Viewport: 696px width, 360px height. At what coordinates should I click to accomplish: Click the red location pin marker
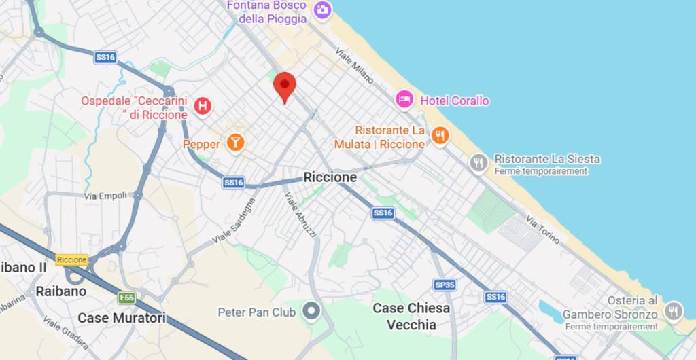pos(285,86)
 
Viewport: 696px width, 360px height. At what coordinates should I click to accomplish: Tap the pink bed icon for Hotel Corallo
pos(404,100)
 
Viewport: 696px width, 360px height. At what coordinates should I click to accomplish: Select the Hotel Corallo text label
pos(455,101)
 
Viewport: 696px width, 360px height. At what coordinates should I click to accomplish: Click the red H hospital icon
pos(202,106)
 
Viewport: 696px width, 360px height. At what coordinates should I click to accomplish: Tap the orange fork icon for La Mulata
pos(440,136)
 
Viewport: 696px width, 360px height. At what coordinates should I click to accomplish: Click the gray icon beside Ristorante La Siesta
pos(478,162)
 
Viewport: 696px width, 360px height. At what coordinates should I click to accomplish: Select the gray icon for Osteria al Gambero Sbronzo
pos(673,311)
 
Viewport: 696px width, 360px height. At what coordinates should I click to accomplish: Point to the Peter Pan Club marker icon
pos(311,312)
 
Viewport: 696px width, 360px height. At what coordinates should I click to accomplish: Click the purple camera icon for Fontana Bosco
pos(322,10)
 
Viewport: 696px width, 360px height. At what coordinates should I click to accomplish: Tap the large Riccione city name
pos(330,177)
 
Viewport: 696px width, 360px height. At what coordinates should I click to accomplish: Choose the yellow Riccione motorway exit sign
pos(72,259)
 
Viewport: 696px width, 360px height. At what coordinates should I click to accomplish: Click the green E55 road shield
pos(126,298)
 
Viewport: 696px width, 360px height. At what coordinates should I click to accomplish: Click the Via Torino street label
pos(542,230)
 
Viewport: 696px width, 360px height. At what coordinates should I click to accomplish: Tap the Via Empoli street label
pos(105,196)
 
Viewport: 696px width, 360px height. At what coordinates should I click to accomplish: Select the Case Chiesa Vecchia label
pos(411,317)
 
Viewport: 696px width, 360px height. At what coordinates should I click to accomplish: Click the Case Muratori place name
pos(122,317)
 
